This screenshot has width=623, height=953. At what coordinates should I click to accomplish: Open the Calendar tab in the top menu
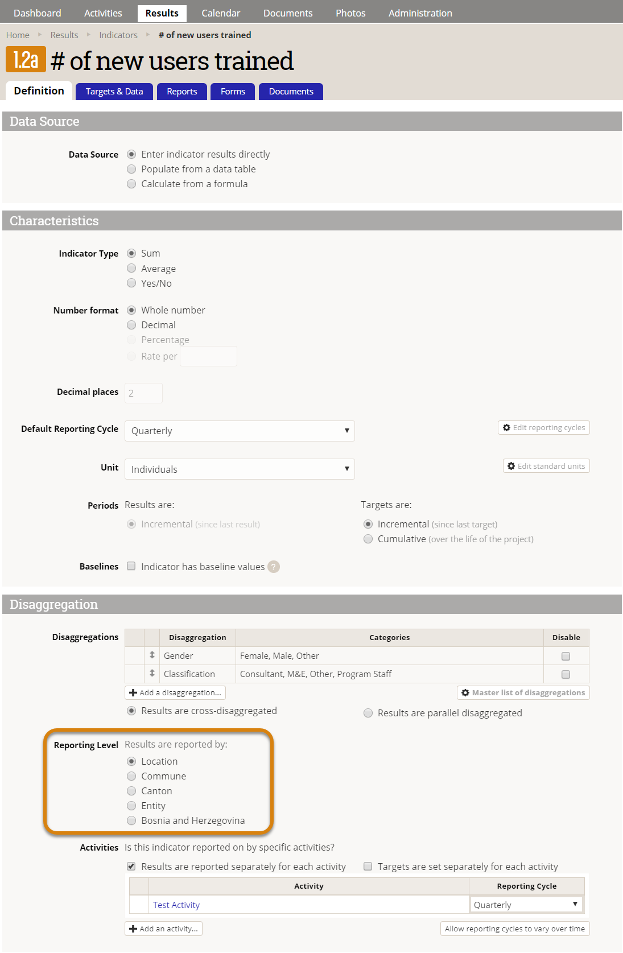pos(221,13)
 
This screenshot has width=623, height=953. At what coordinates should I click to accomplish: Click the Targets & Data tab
pos(114,92)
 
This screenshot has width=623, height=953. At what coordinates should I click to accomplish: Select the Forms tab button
pos(233,92)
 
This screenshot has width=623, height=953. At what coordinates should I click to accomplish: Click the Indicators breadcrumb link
pos(118,35)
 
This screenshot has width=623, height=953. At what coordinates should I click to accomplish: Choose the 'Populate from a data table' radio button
pos(131,169)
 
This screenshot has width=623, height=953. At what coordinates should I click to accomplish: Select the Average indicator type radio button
pos(131,269)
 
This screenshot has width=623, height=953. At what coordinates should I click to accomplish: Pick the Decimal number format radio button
pos(131,325)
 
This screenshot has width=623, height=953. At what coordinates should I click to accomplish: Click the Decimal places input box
pos(143,393)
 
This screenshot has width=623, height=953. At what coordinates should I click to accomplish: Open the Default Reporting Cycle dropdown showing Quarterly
pos(240,431)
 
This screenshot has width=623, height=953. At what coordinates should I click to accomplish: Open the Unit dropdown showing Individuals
pos(240,469)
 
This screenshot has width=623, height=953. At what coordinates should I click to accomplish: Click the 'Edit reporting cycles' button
pos(544,428)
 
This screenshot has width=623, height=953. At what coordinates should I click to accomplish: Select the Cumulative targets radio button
pos(368,539)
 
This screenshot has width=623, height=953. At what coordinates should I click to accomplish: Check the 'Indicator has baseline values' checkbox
pos(131,566)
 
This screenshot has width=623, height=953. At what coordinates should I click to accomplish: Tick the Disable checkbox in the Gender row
pos(566,656)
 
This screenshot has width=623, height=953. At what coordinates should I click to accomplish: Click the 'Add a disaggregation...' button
pos(175,692)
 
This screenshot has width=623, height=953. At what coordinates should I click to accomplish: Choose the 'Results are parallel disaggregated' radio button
pos(368,713)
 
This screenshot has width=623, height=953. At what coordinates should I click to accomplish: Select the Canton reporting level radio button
pos(131,791)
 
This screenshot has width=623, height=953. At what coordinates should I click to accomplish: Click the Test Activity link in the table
pos(176,905)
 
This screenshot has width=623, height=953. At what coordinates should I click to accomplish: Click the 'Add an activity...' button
pos(164,929)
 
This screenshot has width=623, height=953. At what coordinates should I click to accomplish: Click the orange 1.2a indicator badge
pos(26,60)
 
